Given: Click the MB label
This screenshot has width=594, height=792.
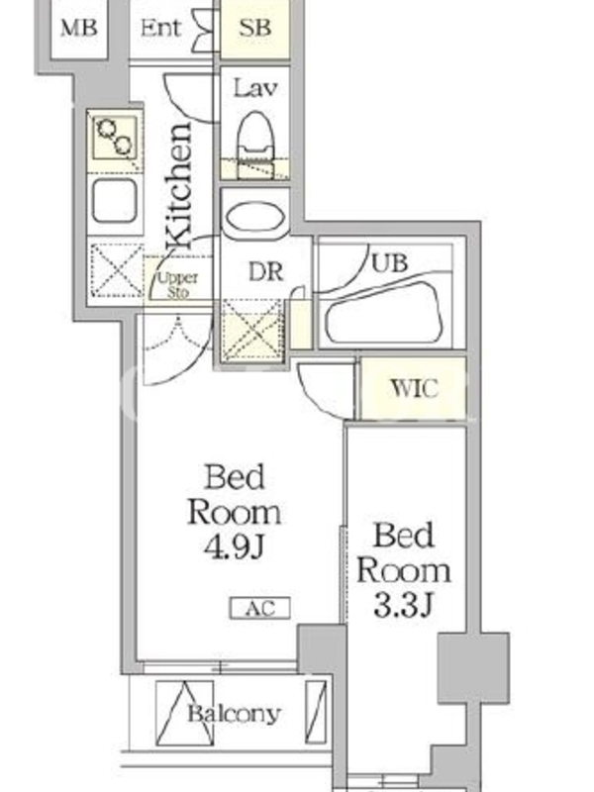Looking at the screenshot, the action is point(79,28).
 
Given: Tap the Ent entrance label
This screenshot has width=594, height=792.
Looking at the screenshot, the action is point(160,28).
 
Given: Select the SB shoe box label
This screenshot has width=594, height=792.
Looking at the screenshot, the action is point(254,28).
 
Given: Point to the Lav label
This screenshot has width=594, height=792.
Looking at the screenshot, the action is point(255,89).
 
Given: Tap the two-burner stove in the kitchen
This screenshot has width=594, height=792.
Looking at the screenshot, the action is point(116,137).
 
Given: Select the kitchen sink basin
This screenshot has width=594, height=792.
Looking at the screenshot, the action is point(115,201).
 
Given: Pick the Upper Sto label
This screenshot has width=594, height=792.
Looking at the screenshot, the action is point(178,285).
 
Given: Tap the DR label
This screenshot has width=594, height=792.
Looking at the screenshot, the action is point(265,272).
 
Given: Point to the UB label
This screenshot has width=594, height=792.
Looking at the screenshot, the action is point(389,262).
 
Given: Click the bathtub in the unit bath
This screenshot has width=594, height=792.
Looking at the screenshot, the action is point(385,313).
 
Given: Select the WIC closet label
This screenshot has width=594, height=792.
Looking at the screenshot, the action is point(414,388).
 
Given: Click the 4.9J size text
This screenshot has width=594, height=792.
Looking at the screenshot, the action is point(234,546).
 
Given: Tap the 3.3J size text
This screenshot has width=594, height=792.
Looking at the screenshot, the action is point(404,605).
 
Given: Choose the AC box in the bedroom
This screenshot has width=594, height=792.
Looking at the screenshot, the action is point(260,608).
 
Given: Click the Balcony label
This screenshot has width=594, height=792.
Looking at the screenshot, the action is point(234,714).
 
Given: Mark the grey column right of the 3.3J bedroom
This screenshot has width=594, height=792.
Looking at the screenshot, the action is point(473,667).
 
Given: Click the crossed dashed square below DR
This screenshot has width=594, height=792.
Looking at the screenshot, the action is point(252,330).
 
